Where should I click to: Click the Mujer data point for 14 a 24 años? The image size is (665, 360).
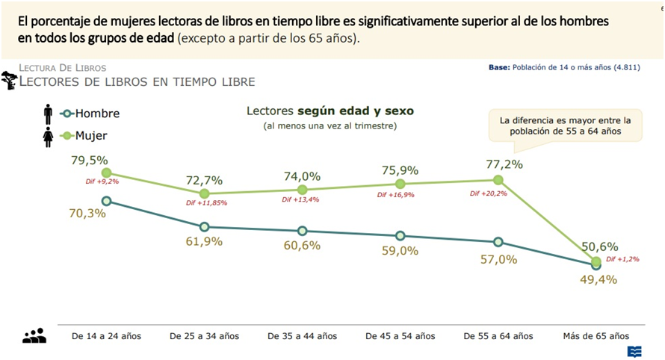coord(106,173)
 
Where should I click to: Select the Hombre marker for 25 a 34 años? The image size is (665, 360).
coord(204,226)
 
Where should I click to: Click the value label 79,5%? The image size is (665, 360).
coord(90,160)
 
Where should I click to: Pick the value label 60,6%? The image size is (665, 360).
coord(302,246)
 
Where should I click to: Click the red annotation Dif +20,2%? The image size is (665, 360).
coord(489,193)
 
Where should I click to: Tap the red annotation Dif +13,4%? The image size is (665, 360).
coord(301,199)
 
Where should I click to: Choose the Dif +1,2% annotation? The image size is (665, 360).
coord(622,259)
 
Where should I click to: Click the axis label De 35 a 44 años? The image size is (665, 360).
coord(302,336)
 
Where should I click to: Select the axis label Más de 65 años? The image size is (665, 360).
coord(596,336)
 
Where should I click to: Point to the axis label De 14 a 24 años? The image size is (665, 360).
coord(106,336)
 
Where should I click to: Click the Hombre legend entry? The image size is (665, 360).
coord(90,114)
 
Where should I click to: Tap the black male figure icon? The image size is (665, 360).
coord(48,114)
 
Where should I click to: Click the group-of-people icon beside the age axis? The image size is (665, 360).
coord(34,336)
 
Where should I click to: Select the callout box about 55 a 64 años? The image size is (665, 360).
coord(565,125)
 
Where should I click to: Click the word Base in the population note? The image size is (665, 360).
coord(498,67)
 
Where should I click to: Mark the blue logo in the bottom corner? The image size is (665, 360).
coord(634,351)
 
